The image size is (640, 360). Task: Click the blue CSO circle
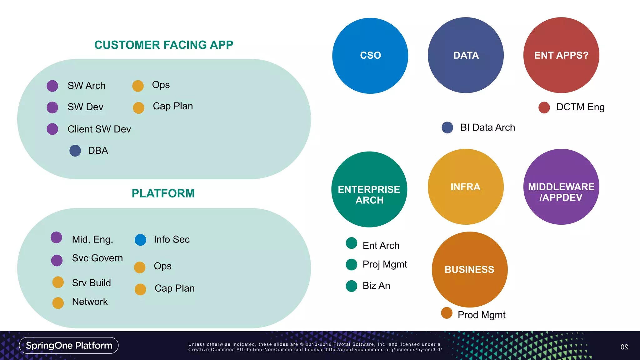[370, 56]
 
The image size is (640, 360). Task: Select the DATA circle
[466, 55]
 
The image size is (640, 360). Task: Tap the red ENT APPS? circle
[561, 55]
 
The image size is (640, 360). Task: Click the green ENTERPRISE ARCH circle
[369, 189]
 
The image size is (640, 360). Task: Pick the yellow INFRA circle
[466, 187]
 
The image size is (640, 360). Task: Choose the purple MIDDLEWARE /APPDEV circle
[561, 187]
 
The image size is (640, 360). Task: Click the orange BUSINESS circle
[469, 269]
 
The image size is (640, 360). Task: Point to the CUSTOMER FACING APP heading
[164, 45]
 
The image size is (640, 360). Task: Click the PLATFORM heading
[163, 193]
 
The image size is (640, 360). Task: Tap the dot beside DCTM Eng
[544, 107]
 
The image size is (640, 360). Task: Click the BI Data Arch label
[487, 127]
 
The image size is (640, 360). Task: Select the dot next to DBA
[75, 151]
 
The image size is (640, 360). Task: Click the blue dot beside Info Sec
[140, 240]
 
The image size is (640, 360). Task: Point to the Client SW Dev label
[99, 129]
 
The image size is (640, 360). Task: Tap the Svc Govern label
[97, 258]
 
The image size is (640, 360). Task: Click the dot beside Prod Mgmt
[447, 313]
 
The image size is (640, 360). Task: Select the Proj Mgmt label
[385, 264]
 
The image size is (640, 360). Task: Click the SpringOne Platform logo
[69, 345]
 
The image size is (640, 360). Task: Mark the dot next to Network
[58, 303]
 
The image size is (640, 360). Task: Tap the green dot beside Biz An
[352, 286]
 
